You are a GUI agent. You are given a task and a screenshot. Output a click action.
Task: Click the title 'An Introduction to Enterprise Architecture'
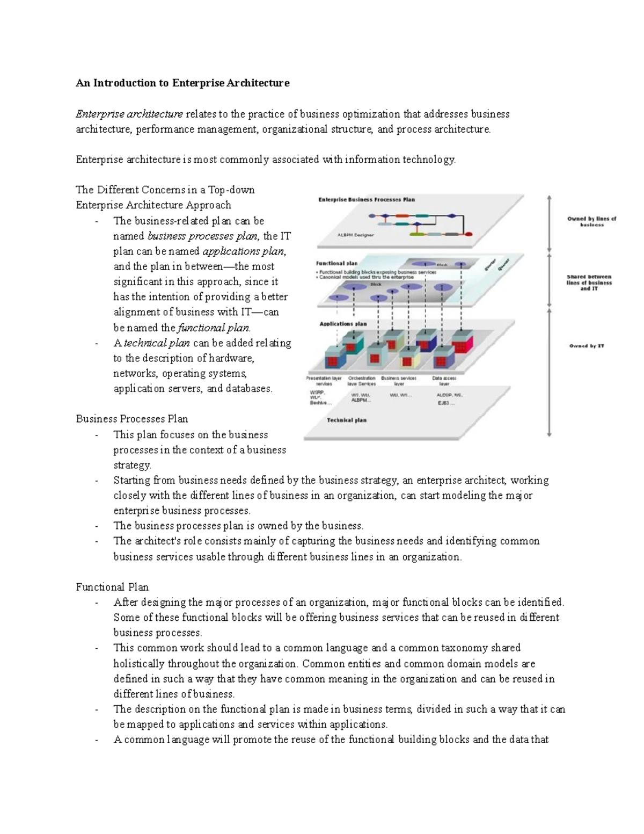pyautogui.click(x=182, y=83)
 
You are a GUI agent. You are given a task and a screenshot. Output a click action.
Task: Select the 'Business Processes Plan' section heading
pyautogui.click(x=131, y=419)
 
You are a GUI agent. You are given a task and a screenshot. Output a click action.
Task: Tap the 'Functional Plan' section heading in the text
pyautogui.click(x=112, y=587)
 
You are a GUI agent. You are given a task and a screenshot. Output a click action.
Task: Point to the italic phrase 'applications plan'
pyautogui.click(x=243, y=251)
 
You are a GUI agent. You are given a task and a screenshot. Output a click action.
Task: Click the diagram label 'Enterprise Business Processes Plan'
pyautogui.click(x=367, y=199)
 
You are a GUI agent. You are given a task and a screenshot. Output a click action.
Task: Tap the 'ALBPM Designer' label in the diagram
pyautogui.click(x=355, y=235)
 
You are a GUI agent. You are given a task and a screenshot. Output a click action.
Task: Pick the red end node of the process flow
pyautogui.click(x=469, y=234)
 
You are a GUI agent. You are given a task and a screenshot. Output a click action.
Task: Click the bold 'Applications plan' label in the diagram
pyautogui.click(x=343, y=324)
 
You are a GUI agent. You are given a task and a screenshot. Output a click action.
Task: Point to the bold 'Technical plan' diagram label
pyautogui.click(x=347, y=420)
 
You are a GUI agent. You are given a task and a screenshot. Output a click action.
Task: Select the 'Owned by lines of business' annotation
pyautogui.click(x=591, y=222)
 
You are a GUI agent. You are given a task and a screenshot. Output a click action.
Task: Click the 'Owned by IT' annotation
pyautogui.click(x=587, y=346)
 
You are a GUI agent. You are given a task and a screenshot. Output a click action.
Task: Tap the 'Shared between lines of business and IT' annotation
pyautogui.click(x=589, y=282)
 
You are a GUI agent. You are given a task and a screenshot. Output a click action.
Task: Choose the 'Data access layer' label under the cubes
pyautogui.click(x=444, y=381)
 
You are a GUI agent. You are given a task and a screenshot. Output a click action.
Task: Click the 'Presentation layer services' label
pyautogui.click(x=324, y=381)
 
